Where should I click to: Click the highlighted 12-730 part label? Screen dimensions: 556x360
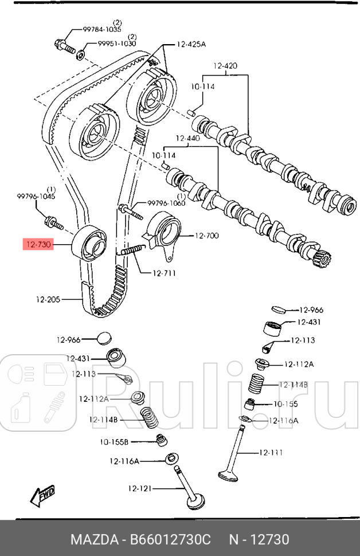point(38,245)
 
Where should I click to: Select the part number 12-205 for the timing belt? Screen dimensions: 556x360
point(48,299)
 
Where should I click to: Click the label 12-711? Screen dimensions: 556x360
point(165,273)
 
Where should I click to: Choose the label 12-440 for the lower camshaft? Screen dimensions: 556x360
point(187,138)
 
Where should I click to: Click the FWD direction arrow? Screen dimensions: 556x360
point(42,496)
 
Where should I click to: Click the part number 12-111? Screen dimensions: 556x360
point(271,453)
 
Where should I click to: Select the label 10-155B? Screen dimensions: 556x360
point(114,442)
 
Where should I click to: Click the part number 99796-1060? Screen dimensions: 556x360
point(166,203)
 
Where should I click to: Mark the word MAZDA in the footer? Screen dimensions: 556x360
point(91,540)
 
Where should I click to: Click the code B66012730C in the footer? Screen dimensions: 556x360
point(172,540)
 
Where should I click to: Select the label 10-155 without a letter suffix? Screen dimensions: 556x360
point(284,404)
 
